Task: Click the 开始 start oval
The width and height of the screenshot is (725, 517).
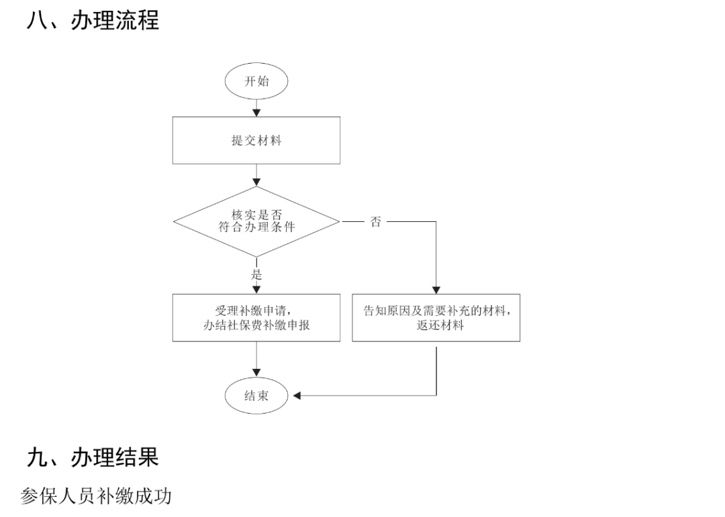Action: pos(256,82)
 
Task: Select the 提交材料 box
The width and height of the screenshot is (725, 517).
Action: pos(256,140)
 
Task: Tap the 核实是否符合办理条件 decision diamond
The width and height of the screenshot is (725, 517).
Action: pos(256,221)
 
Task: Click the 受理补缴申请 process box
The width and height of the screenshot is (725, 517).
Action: pos(256,318)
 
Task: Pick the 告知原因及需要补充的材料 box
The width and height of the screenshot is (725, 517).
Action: pos(436,318)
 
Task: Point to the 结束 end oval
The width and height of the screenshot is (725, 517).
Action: pos(256,395)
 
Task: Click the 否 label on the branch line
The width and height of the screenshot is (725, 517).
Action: pos(376,222)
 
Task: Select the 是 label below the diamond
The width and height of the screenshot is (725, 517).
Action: pos(256,274)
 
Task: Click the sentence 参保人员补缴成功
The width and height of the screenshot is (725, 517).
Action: pos(96,496)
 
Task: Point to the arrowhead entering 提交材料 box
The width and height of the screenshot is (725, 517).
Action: pos(256,112)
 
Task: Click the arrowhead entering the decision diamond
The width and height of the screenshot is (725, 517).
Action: pos(256,181)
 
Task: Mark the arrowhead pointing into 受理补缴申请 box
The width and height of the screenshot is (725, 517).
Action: pos(256,289)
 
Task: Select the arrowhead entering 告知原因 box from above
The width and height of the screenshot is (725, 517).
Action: pos(436,289)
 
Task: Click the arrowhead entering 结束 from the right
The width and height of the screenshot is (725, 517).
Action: pos(297,396)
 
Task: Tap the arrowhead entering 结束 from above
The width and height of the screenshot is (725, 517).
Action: pos(256,373)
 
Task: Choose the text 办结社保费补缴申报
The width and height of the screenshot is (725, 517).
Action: pos(256,326)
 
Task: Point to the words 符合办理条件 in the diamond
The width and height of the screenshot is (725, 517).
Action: pos(256,228)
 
